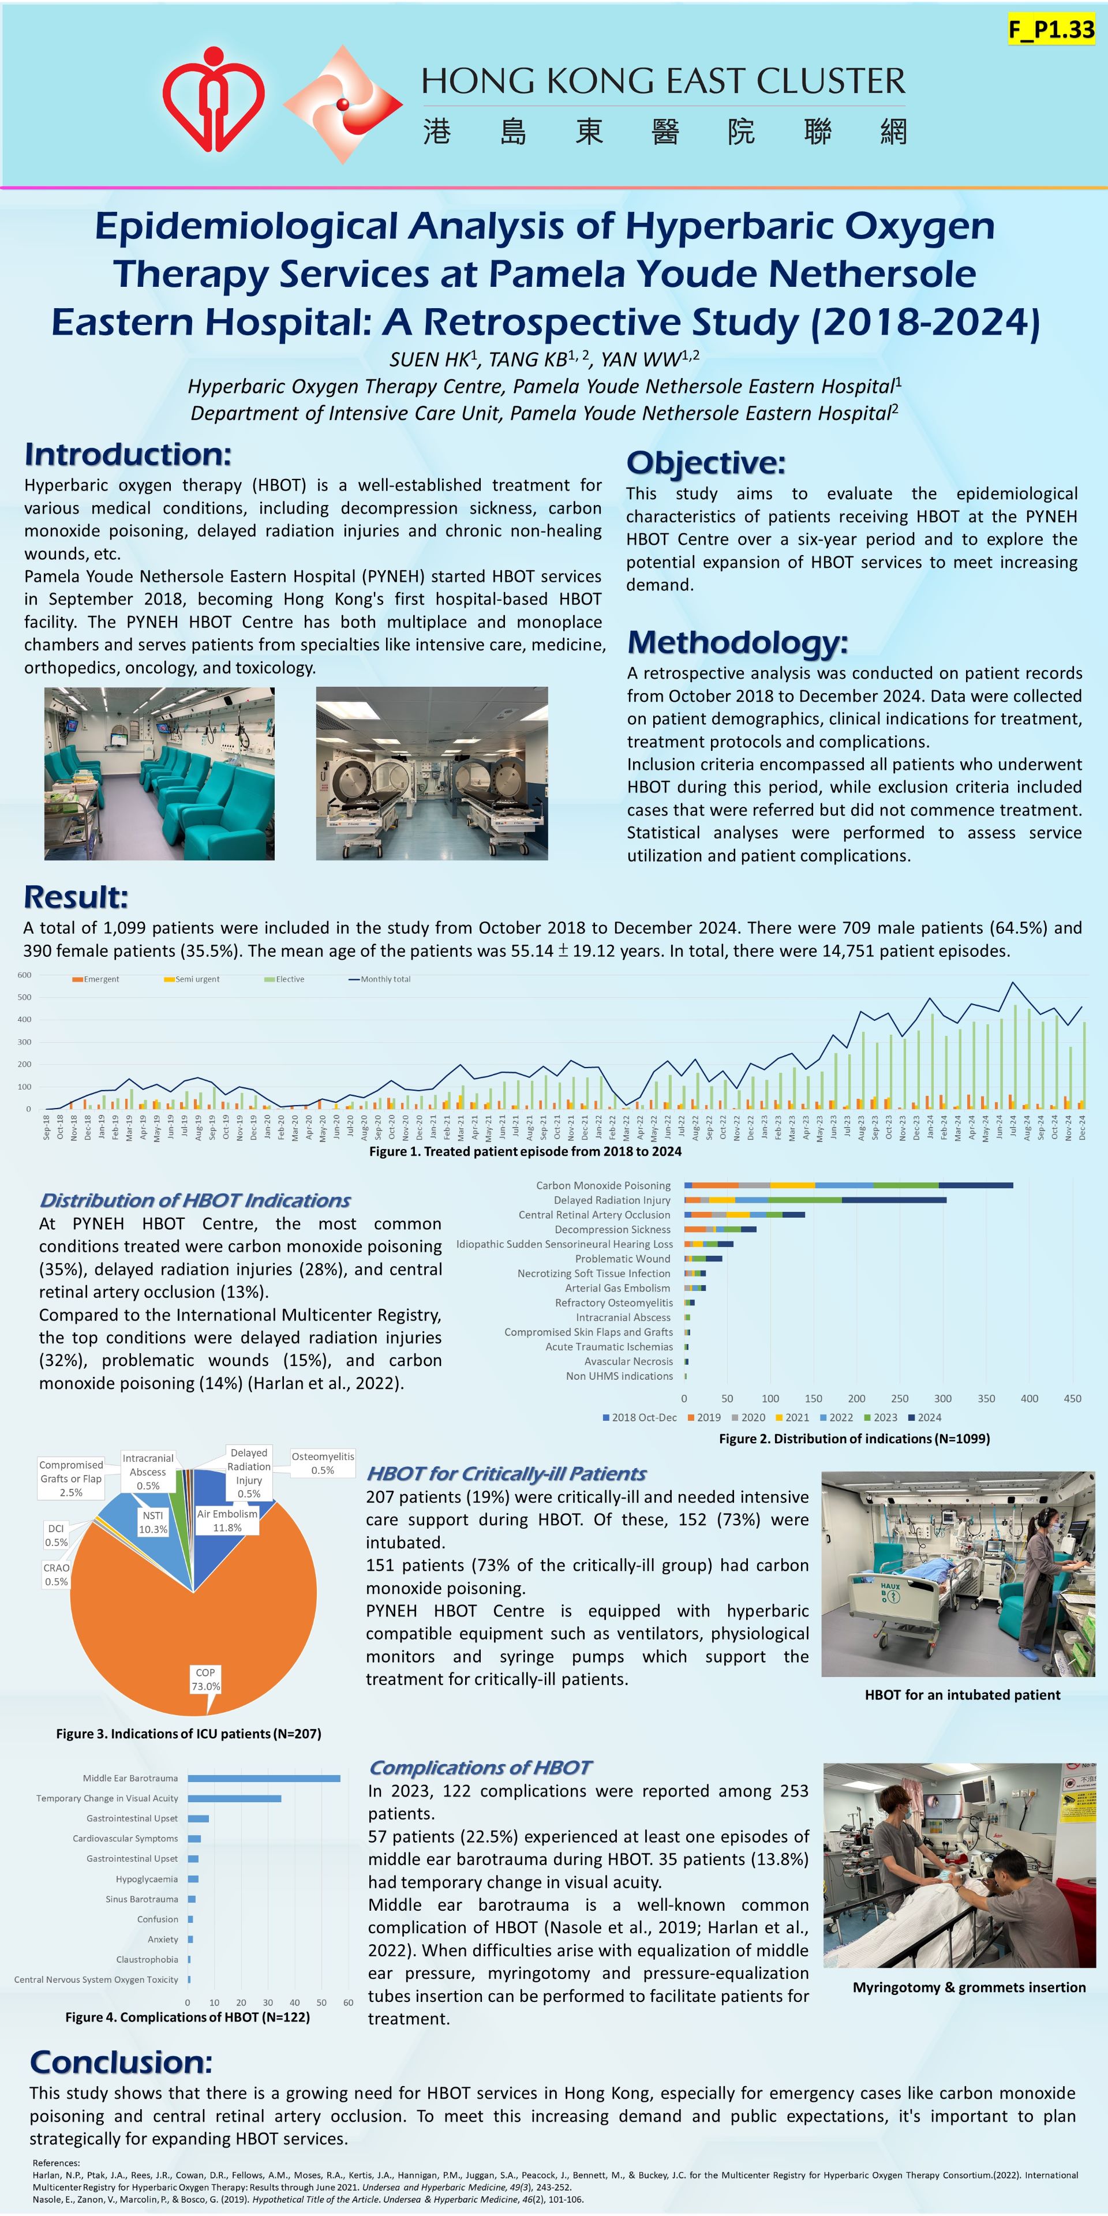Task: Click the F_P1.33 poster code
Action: (x=1051, y=30)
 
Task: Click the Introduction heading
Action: (x=128, y=454)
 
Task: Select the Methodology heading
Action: (x=738, y=642)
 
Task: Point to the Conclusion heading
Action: (x=121, y=2062)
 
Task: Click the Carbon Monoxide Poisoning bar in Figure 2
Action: (x=847, y=1185)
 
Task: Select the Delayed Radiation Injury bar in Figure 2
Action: (x=815, y=1200)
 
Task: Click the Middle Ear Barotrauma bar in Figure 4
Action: (x=263, y=1778)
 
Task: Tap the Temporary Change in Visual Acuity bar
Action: (x=234, y=1798)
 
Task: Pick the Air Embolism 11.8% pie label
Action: (x=227, y=1520)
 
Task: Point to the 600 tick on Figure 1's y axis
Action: (x=24, y=975)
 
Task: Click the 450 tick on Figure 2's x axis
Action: (x=1072, y=1399)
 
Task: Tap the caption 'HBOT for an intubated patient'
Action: (x=962, y=1695)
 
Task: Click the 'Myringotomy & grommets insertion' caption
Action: (x=969, y=1987)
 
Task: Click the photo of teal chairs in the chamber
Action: (x=159, y=773)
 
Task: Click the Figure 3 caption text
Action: (x=188, y=1734)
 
